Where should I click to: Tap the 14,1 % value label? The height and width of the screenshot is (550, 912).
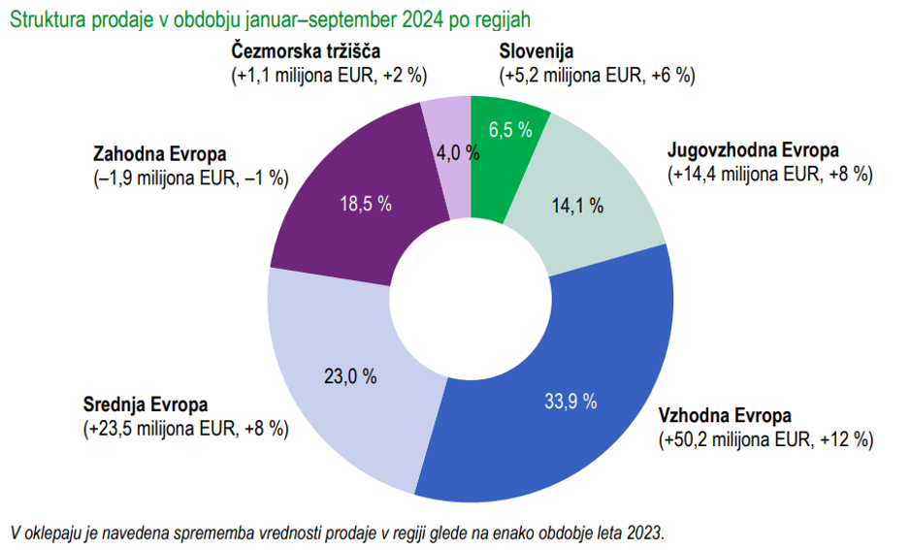click(x=579, y=205)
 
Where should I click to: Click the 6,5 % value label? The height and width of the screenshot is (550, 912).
click(x=509, y=131)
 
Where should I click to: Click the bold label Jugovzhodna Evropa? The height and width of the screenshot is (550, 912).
click(x=753, y=150)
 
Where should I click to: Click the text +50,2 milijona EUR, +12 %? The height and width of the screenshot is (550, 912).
click(x=766, y=439)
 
